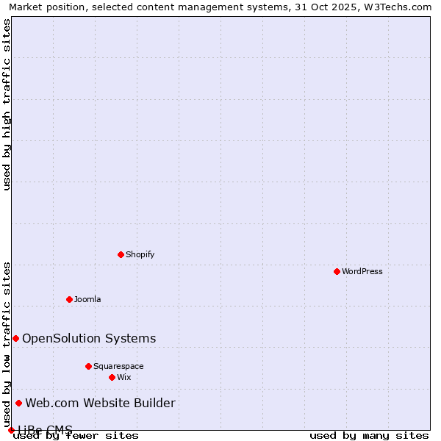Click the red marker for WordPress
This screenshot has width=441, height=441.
click(x=337, y=271)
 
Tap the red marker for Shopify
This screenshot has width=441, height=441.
click(x=121, y=254)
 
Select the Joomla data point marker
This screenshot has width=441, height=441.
click(x=69, y=299)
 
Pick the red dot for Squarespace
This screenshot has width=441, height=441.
click(x=88, y=366)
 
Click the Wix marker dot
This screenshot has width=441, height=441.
click(x=112, y=377)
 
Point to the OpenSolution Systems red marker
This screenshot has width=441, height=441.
click(x=15, y=338)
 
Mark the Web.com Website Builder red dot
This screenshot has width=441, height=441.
click(x=18, y=403)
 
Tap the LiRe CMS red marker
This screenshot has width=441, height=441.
click(x=11, y=430)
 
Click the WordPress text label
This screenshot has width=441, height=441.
click(x=362, y=272)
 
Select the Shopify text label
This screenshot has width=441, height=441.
click(x=140, y=255)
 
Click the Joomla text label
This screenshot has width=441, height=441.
click(x=87, y=300)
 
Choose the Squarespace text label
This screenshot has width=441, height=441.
click(x=118, y=367)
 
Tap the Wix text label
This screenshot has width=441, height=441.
click(x=124, y=378)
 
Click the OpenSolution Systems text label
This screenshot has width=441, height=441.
click(x=89, y=339)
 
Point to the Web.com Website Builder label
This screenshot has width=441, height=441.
click(x=101, y=404)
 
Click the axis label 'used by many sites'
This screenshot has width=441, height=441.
click(x=369, y=436)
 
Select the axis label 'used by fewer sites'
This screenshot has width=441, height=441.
click(x=76, y=436)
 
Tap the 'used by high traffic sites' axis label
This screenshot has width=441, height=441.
click(x=7, y=104)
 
